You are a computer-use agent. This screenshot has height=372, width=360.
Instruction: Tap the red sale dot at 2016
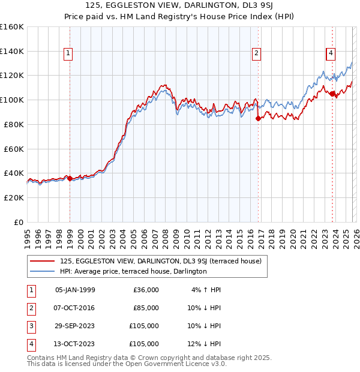[259, 118]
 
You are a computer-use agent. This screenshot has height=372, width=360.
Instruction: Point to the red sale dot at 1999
[70, 178]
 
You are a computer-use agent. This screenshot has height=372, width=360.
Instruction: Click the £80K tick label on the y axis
[12, 124]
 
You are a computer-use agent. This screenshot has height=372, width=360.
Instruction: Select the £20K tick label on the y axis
[12, 197]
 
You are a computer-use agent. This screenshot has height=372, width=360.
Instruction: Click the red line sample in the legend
[43, 262]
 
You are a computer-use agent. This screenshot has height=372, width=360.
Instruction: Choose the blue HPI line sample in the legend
[43, 272]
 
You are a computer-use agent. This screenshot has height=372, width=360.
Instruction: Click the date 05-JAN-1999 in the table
[75, 290]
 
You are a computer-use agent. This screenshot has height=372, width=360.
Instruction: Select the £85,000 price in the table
[146, 308]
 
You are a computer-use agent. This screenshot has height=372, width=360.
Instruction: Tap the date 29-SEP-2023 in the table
[75, 326]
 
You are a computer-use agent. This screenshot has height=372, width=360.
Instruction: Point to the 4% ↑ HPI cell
[206, 290]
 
